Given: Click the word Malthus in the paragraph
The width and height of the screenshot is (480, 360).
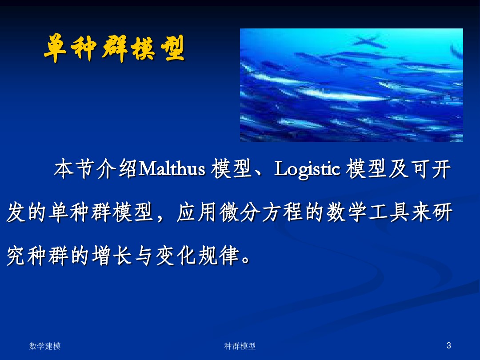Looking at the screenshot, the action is tap(172, 169).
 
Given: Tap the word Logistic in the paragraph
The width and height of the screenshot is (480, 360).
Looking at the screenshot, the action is tap(307, 169).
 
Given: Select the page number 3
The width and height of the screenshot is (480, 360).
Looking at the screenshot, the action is tap(448, 346).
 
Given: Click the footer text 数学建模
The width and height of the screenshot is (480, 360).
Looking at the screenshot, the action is tap(45, 346).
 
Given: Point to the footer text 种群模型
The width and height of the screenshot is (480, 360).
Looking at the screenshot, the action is tap(240, 346).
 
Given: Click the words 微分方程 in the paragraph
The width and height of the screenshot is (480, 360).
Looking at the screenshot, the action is tap(261, 212).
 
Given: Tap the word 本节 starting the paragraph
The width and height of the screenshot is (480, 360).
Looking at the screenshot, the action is tap(74, 169).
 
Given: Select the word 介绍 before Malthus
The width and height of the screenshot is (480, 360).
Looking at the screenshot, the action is tap(116, 169).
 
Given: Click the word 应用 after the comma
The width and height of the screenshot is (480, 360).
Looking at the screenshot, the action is tap(197, 212).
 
